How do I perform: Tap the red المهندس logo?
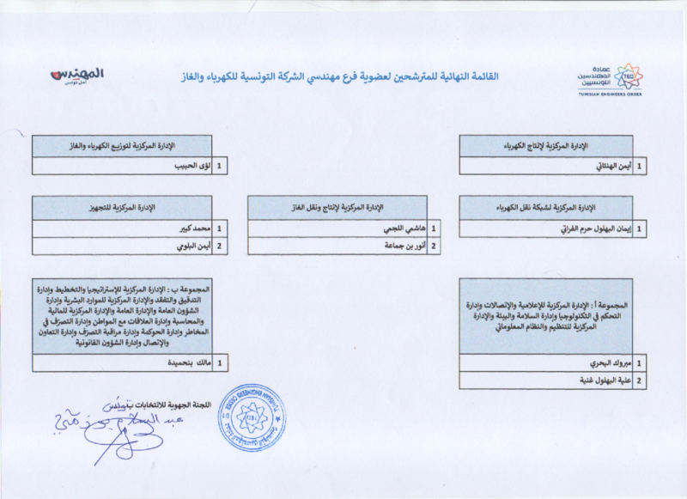tap(76, 76)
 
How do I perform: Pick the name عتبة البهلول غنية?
tap(602, 380)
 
